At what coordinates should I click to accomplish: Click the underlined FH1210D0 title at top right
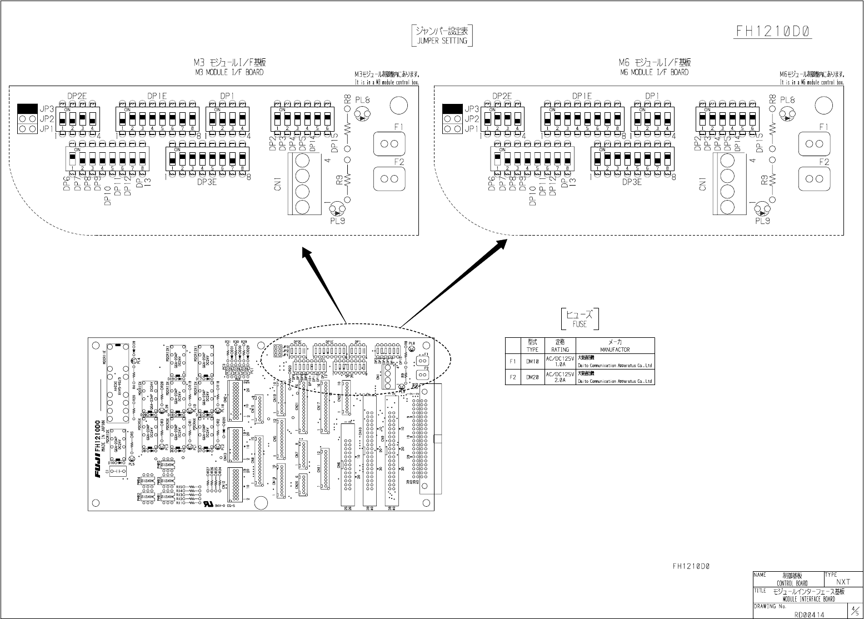coord(774,31)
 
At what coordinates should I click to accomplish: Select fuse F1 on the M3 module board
coord(389,144)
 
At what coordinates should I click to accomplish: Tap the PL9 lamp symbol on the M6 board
coord(762,210)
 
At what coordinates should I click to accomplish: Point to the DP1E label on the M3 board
coord(157,96)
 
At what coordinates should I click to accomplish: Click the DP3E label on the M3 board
coord(207,182)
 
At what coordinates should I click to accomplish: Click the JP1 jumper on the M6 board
coord(453,129)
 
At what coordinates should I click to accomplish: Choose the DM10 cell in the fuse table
coord(532,362)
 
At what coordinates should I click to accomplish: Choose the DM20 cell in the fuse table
coord(532,377)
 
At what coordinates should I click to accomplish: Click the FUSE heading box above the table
coord(580,319)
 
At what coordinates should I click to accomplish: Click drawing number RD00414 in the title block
coord(810,614)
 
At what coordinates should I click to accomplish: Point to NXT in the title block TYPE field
coord(843,582)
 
